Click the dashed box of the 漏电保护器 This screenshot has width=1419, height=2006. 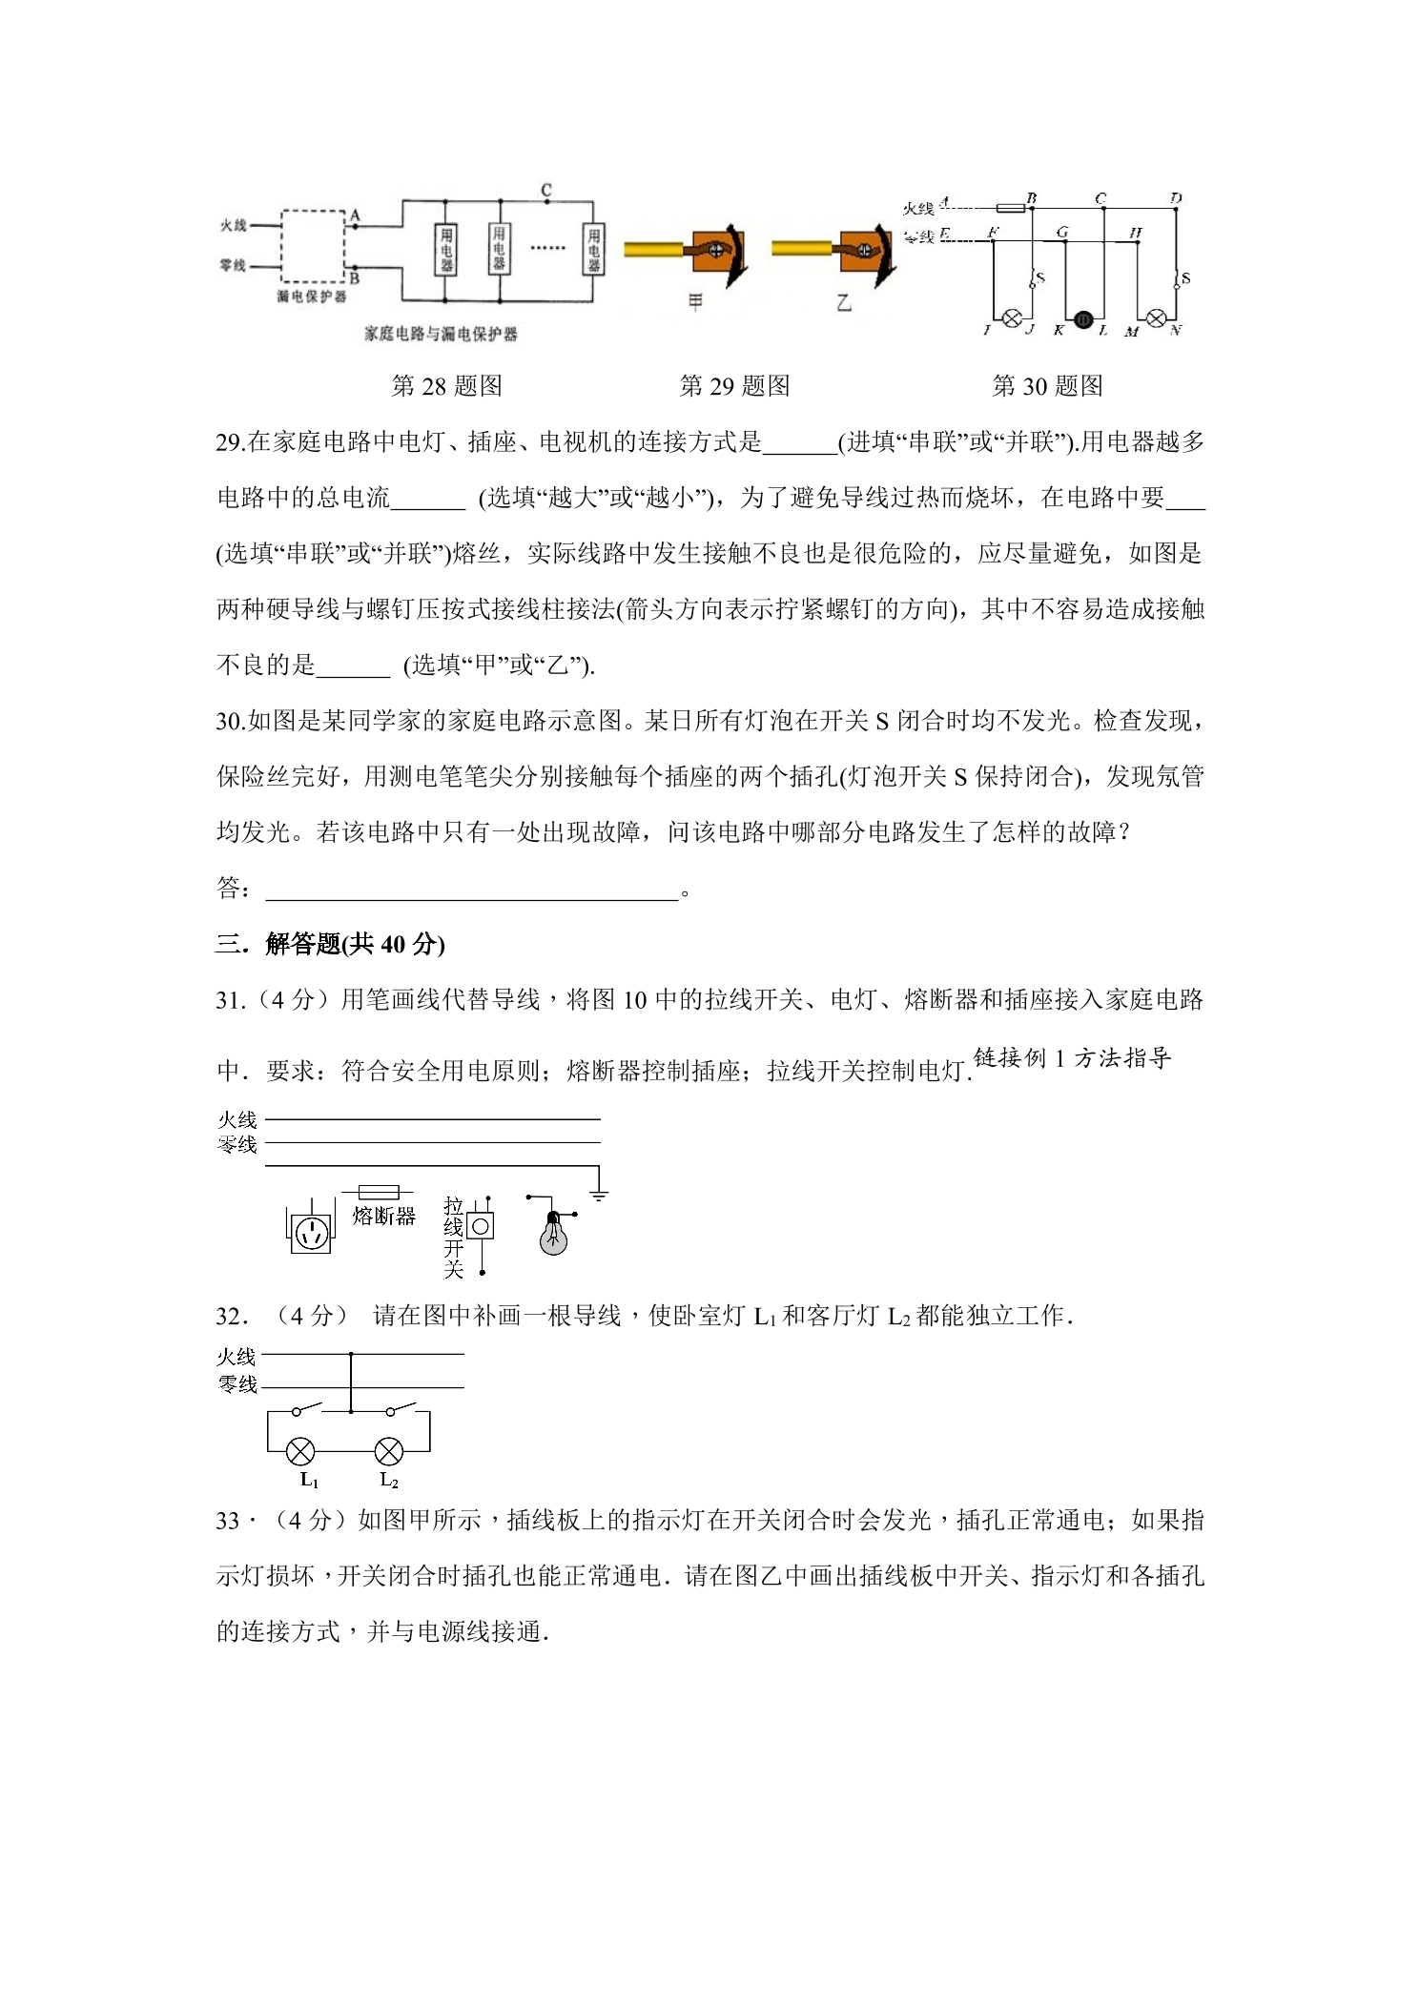point(313,246)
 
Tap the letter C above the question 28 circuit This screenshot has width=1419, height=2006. point(546,190)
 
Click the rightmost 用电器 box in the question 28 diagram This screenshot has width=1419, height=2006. point(593,250)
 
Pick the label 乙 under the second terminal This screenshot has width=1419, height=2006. point(843,303)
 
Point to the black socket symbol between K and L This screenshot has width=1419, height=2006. point(1083,320)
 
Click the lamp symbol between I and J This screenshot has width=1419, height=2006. point(1013,319)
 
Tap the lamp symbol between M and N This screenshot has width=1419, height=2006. point(1155,319)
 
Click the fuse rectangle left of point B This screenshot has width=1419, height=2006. point(1010,208)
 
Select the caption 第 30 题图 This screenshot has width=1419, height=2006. point(1047,386)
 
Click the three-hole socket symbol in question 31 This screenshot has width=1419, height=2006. point(311,1233)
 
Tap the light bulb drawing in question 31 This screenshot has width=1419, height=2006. point(553,1235)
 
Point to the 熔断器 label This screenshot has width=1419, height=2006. point(383,1217)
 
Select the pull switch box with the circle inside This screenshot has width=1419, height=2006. point(482,1225)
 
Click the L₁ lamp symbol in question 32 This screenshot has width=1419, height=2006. point(301,1452)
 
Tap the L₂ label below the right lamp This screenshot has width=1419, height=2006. point(389,1481)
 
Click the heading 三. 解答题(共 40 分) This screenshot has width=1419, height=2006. point(331,944)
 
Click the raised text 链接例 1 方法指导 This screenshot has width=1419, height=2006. point(1072,1057)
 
